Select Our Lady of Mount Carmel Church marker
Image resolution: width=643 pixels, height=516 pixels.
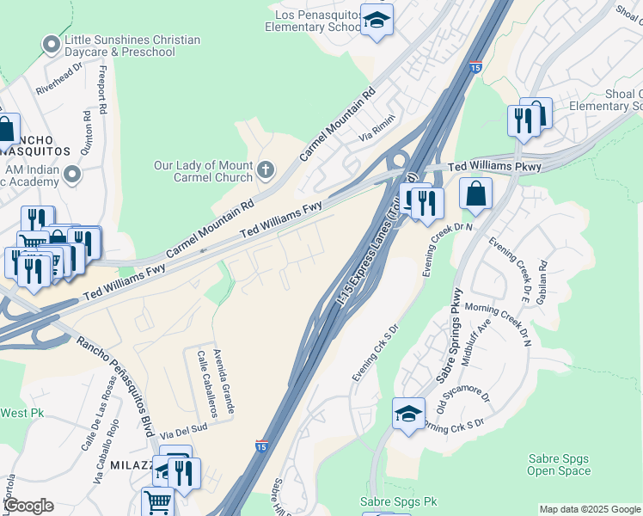point(266,169)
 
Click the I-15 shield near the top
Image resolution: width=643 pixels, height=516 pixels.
point(476,66)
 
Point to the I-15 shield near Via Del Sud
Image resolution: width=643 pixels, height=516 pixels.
point(261,445)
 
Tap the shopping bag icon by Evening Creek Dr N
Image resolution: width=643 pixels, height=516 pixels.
point(475,194)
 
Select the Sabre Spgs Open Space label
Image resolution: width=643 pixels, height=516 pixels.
point(559,464)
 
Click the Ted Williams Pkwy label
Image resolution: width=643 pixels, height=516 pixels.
point(494,166)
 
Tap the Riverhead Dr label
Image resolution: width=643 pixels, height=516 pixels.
point(58,82)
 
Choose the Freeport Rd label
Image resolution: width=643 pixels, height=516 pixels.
point(103,90)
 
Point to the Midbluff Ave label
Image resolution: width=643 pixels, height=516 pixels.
point(475,341)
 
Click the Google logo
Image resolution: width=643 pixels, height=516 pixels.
point(28,506)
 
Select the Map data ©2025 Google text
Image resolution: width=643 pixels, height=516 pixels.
point(589,509)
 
